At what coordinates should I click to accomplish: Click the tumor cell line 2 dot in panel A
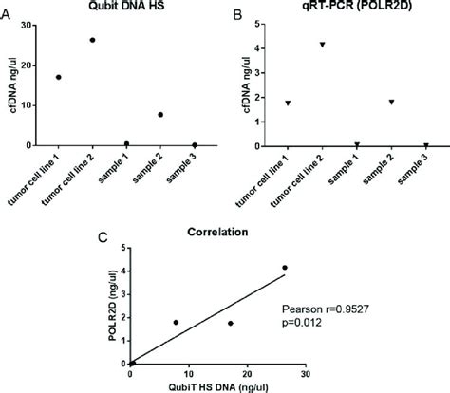[92, 40]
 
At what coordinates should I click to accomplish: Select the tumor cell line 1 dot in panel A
[59, 77]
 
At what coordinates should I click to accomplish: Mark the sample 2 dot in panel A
[160, 115]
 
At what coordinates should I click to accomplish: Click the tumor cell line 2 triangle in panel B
[323, 45]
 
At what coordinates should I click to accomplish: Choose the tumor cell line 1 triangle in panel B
[288, 103]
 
